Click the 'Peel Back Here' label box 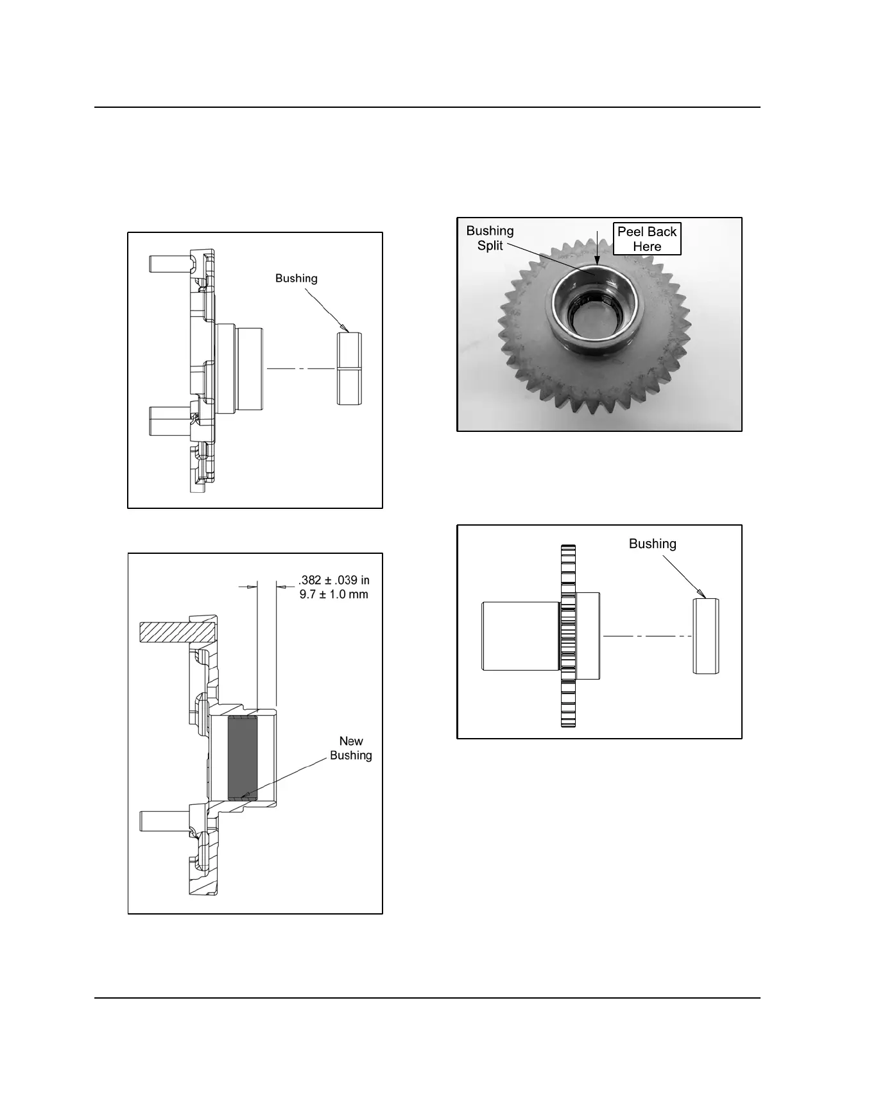(x=647, y=239)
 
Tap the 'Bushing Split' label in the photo (x=490, y=238)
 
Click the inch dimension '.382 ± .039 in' (x=334, y=580)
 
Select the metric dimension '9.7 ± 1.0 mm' (x=334, y=594)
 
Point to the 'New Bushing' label (x=351, y=748)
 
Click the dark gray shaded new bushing (x=243, y=758)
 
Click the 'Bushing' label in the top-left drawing (x=297, y=279)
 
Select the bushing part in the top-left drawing (x=350, y=369)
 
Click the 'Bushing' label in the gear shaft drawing (x=653, y=544)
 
